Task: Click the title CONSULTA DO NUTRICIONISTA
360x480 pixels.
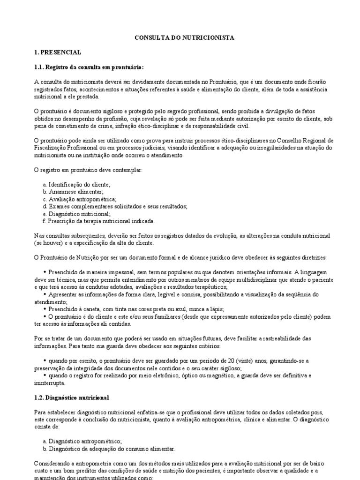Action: tap(180, 37)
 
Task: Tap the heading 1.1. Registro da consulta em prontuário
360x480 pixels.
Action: tap(89, 67)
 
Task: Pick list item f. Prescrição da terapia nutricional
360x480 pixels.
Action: tap(98, 221)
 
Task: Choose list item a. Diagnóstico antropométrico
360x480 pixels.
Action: tap(82, 441)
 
